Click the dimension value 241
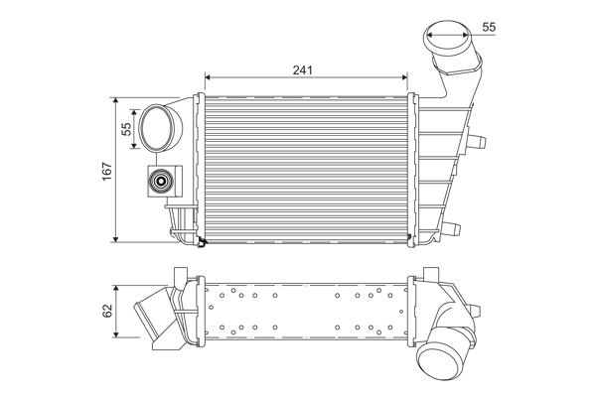[302, 70]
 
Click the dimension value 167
[107, 172]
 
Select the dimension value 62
[107, 311]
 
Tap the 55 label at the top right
[489, 27]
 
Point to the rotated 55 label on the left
[126, 129]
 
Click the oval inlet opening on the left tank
[156, 128]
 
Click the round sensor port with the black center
[161, 182]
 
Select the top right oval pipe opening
[447, 39]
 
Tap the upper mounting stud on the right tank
[477, 142]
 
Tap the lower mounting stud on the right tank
[451, 228]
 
